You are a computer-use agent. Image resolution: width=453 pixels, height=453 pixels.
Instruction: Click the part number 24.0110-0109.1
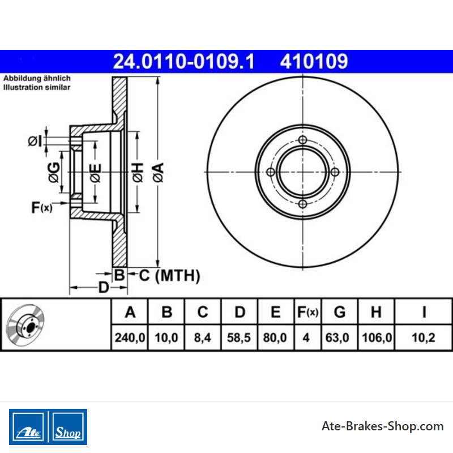point(183,62)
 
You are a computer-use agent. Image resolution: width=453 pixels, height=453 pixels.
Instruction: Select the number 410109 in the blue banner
point(314,62)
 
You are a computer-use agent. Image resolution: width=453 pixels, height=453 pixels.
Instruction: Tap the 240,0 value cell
point(130,337)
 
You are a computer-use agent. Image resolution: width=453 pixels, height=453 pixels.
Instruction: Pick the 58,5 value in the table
point(238,337)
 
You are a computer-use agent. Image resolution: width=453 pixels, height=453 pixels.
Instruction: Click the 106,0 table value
point(377,337)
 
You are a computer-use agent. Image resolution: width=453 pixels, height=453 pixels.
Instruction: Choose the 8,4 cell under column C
point(203,337)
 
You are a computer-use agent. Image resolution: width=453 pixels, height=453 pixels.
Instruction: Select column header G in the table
point(340,312)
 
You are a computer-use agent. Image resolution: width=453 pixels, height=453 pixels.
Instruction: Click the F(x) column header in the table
point(307,312)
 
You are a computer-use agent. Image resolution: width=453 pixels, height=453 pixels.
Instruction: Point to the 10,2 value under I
point(424,337)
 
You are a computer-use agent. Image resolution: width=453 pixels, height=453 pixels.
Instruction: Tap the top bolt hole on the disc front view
point(302,140)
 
